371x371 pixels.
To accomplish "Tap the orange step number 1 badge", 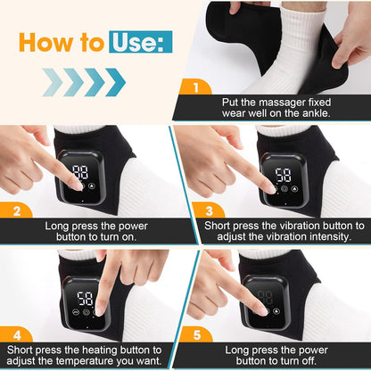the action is (x=195, y=87).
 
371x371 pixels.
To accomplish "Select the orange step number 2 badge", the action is (x=17, y=210).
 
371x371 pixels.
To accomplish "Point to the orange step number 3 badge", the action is (x=209, y=210).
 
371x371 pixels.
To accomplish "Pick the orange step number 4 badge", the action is (x=17, y=335).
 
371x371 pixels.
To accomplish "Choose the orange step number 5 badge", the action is (x=196, y=334).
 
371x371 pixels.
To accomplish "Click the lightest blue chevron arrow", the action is (x=53, y=82).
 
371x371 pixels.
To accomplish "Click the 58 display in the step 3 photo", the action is (x=283, y=175).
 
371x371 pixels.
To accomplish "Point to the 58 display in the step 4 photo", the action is (x=85, y=298).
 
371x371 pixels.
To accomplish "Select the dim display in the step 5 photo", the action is (x=265, y=297).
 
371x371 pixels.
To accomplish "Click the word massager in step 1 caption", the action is (x=280, y=103).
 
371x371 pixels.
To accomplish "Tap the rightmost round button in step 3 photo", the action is (x=294, y=188).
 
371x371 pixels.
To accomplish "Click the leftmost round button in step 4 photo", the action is (x=76, y=312).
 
